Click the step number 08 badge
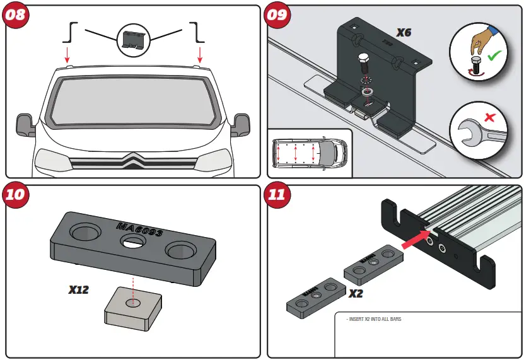click(x=16, y=15)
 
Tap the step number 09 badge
click(x=276, y=15)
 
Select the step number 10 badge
click(x=16, y=194)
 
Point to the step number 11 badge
click(x=276, y=194)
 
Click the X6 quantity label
click(x=404, y=31)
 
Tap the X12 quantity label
click(x=79, y=290)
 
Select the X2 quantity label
click(x=356, y=293)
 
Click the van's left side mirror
click(x=26, y=124)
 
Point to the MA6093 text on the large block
click(x=139, y=231)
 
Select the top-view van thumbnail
click(x=309, y=153)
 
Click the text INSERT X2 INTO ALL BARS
click(x=373, y=320)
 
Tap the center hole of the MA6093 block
click(x=133, y=243)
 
